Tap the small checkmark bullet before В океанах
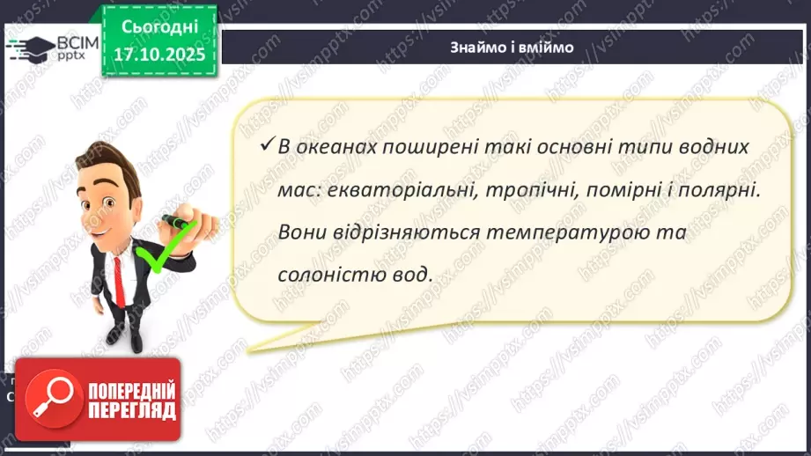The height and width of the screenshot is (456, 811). pos(262,146)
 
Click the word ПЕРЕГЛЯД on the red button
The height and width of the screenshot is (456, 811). pos(129,410)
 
